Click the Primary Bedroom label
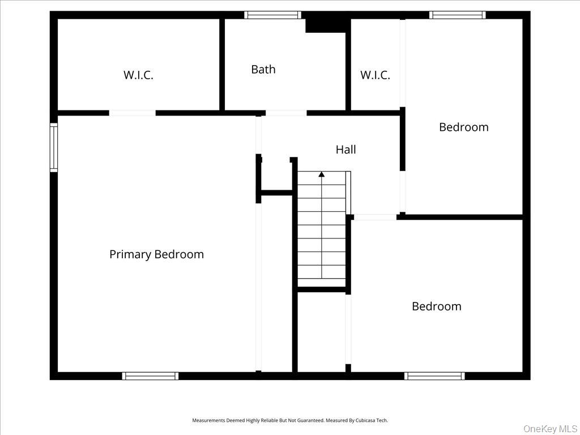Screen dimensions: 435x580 point(156,254)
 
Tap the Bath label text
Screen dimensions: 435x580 point(263,69)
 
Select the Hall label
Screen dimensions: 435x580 point(346,150)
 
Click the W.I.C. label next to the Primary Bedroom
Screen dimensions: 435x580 point(138,75)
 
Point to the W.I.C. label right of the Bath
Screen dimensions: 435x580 point(375,75)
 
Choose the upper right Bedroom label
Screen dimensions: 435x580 point(463,127)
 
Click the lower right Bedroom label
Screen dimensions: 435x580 point(436,306)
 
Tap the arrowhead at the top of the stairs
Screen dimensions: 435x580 point(322,174)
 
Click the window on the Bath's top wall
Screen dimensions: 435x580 point(272,15)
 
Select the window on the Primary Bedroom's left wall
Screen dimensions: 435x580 point(54,148)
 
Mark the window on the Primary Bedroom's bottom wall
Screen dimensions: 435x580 point(151,376)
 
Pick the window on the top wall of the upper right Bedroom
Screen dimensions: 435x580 point(457,15)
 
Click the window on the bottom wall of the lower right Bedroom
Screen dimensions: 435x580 point(434,376)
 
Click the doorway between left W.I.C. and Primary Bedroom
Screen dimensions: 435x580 point(132,113)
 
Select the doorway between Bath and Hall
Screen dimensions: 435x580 point(285,113)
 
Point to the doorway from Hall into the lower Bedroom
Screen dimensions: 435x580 point(375,217)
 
